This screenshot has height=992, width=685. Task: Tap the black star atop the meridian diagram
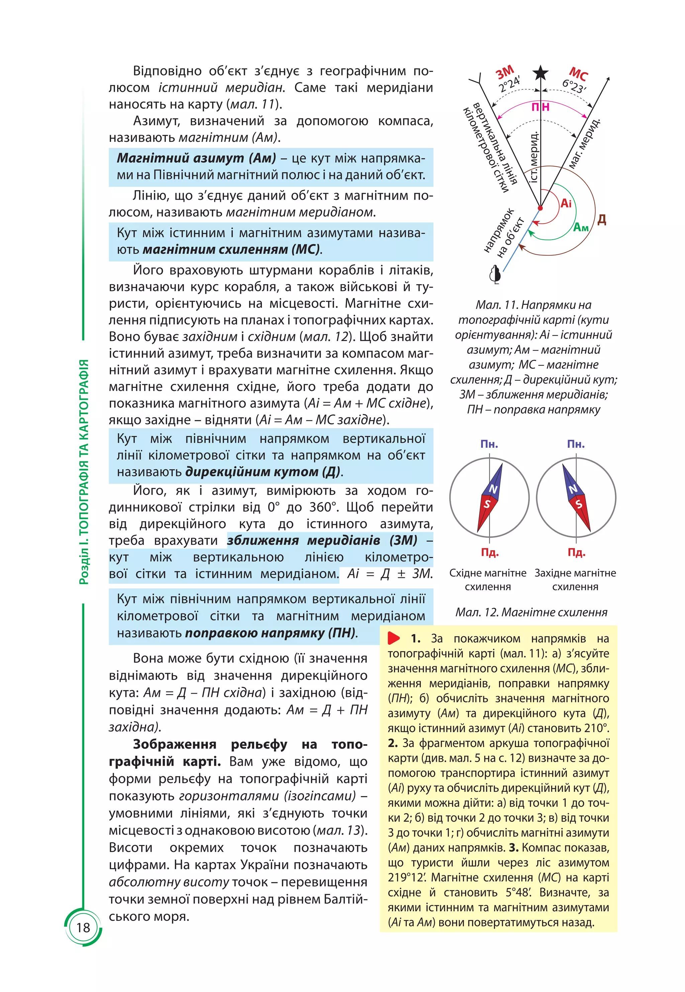[541, 73]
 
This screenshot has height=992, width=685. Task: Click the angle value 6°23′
[574, 87]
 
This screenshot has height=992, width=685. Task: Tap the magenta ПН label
[541, 107]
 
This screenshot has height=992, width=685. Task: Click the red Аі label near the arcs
[566, 203]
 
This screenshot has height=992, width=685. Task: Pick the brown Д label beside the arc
[602, 220]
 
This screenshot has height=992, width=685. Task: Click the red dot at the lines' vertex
[541, 208]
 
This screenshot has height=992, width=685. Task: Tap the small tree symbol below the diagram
[495, 274]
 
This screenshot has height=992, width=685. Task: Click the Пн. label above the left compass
[489, 444]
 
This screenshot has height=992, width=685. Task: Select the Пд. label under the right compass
[576, 552]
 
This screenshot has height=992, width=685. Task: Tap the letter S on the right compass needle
[579, 504]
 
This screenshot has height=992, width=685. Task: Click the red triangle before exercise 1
[394, 638]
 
